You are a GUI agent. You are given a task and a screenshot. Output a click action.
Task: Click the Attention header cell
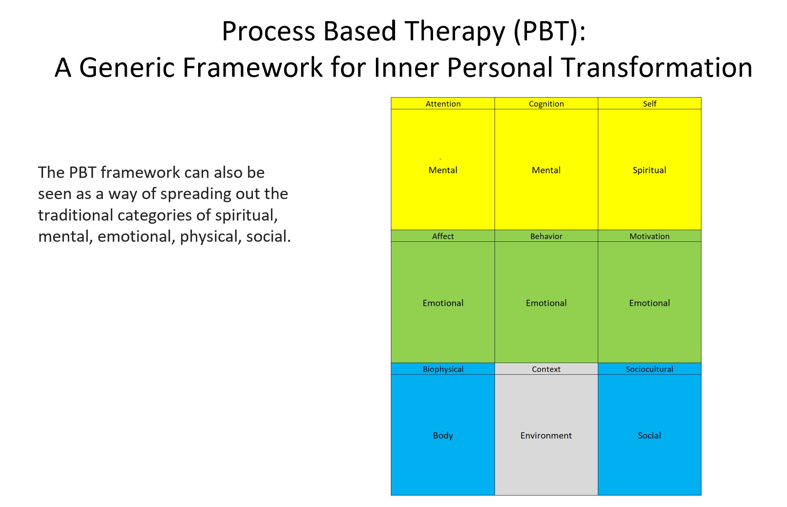pos(443,103)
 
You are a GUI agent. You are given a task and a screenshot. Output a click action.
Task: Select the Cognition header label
pos(546,104)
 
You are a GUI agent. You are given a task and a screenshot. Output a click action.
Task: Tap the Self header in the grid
pos(650,103)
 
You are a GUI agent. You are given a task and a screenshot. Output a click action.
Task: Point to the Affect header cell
pos(443,236)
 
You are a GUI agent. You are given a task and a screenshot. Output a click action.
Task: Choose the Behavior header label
pos(546,236)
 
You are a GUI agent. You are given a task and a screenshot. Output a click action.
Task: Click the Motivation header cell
pos(650,236)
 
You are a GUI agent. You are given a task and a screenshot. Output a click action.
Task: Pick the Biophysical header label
pos(443,369)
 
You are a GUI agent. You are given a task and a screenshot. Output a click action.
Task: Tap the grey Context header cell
pos(546,369)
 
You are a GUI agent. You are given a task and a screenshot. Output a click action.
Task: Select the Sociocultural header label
pos(650,369)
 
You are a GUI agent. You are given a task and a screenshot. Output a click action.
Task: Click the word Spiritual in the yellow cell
pos(650,170)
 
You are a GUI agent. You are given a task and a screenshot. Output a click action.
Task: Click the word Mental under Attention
pos(443,170)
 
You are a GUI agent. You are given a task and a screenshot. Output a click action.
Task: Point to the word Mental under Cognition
pos(546,170)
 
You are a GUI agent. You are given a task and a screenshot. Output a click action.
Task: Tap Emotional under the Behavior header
pos(546,303)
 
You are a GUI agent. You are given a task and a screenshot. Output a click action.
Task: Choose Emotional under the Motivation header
pos(650,303)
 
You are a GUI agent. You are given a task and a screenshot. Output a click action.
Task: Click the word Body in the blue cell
pos(443,435)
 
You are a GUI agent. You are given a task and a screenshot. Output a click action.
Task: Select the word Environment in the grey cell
pos(546,435)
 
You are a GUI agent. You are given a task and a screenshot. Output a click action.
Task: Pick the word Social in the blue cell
pos(650,435)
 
